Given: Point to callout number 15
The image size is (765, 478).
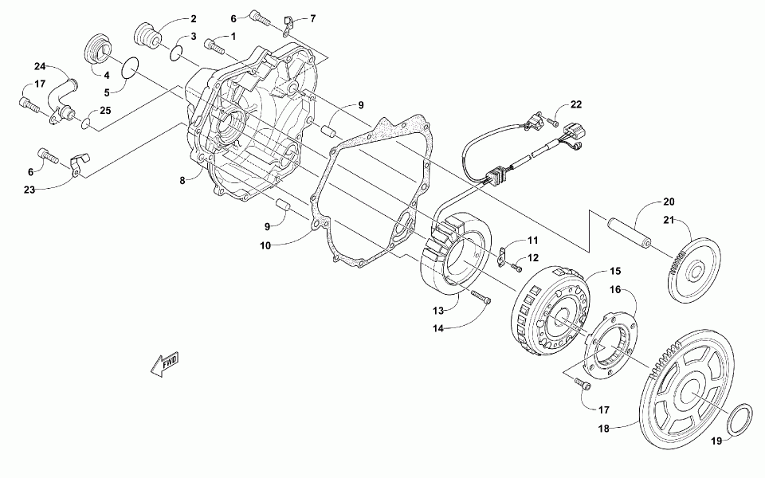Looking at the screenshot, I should (614, 272).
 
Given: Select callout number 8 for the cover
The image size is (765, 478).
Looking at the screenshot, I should (182, 181).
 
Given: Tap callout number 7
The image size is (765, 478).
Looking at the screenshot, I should (312, 18).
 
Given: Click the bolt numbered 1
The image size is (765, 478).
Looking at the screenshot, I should (214, 45).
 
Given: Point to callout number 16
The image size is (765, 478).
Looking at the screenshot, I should (614, 293).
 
